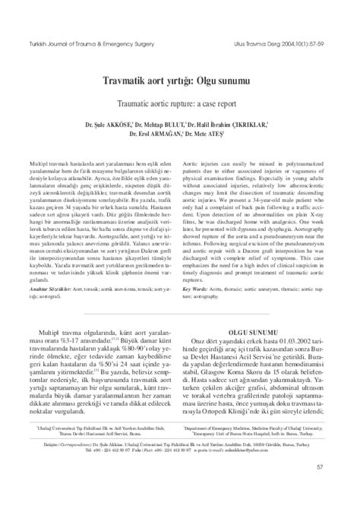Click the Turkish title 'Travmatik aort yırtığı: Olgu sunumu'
click(x=180, y=78)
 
